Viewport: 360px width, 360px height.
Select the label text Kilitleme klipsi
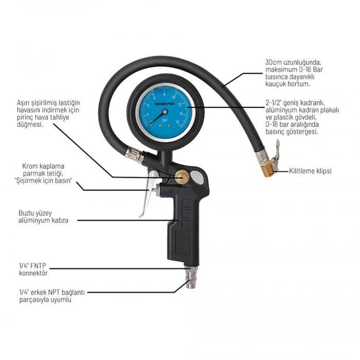pyautogui.click(x=310, y=170)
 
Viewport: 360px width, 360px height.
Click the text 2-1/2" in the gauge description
pyautogui.click(x=273, y=103)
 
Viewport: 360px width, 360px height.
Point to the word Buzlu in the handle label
pyautogui.click(x=26, y=212)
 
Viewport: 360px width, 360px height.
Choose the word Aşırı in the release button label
pyautogui.click(x=25, y=103)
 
